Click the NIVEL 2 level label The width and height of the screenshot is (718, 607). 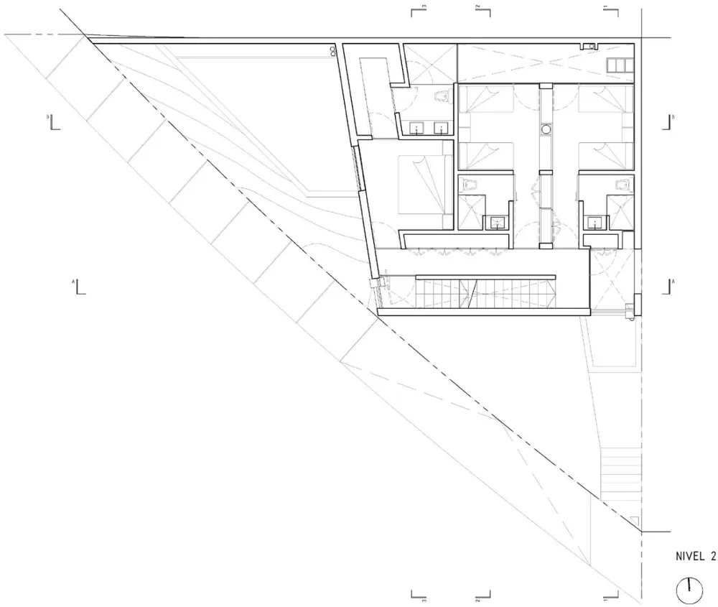(x=696, y=555)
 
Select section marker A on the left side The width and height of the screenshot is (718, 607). (x=78, y=287)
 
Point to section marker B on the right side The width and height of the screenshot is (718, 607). (x=669, y=121)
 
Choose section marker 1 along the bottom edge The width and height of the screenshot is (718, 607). (x=610, y=595)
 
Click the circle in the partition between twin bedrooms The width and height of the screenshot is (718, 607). (x=546, y=130)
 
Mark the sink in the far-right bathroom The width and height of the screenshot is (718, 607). (x=595, y=221)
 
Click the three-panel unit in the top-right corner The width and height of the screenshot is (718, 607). (x=617, y=65)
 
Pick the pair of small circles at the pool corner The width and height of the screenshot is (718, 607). (x=332, y=50)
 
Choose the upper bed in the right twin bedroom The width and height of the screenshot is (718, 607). (x=605, y=101)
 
